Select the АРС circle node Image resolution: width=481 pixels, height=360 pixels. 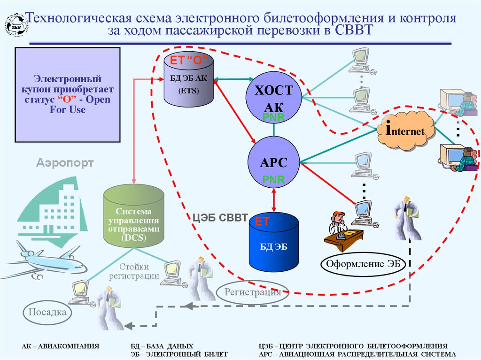[274, 162]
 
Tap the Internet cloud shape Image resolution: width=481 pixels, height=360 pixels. [405, 131]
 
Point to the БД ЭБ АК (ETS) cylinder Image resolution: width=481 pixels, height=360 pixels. [188, 80]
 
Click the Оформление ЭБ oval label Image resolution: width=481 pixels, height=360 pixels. [363, 264]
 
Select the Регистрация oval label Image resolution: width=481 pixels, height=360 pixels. [252, 292]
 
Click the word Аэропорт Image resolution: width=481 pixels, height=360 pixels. [65, 163]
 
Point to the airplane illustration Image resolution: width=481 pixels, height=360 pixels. [45, 260]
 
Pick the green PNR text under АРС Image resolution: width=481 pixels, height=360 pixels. [273, 179]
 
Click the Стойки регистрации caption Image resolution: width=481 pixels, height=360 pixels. [134, 271]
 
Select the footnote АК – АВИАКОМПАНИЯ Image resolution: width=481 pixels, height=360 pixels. [61, 346]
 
